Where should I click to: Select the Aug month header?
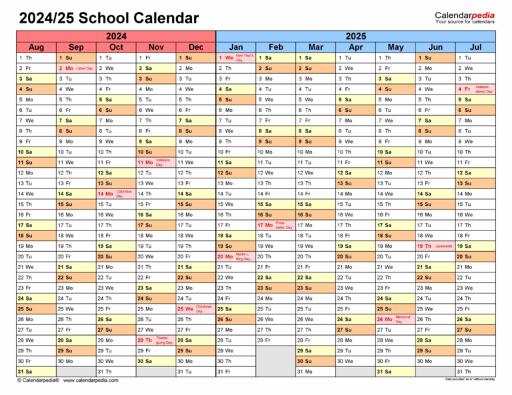[x=36, y=47]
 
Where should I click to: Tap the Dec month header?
[x=195, y=47]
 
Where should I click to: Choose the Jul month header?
[x=475, y=47]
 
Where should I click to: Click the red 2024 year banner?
[x=115, y=36]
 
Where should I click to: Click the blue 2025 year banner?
[x=355, y=36]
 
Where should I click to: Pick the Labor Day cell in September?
[x=75, y=68]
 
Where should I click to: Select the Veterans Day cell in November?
[x=155, y=162]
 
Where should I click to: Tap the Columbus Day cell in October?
[x=115, y=193]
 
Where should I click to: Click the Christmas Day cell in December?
[x=195, y=308]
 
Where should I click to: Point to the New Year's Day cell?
[x=235, y=58]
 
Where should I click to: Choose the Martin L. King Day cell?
[x=235, y=256]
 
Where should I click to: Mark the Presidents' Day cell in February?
[x=275, y=225]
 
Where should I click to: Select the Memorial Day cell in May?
[x=395, y=319]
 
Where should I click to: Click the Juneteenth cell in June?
[x=435, y=246]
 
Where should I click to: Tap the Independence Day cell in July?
[x=475, y=89]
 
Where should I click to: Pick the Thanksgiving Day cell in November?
[x=155, y=340]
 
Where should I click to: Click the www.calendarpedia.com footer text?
[x=91, y=380]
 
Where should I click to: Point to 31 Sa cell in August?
[x=36, y=371]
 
